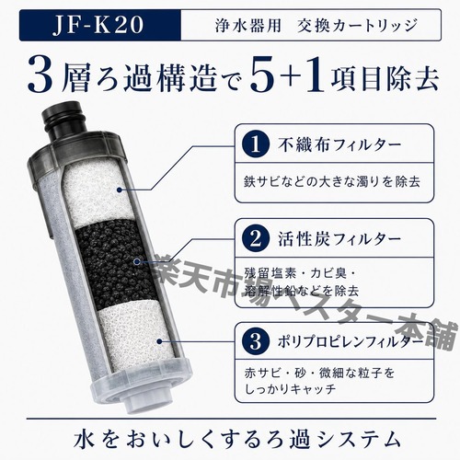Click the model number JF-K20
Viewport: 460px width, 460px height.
tap(98, 25)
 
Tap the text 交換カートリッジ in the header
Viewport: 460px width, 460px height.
tap(358, 25)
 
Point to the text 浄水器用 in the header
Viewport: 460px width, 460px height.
tap(247, 25)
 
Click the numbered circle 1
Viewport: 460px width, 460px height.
tap(255, 144)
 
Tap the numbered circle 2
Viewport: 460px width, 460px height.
tap(255, 239)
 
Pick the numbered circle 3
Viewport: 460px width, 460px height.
tap(255, 341)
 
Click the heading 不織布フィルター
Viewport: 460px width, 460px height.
tap(339, 144)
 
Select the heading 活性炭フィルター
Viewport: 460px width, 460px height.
tap(339, 239)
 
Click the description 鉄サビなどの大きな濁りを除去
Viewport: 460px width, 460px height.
tap(332, 181)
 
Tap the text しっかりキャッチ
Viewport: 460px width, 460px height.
tap(290, 389)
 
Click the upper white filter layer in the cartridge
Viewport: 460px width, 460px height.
tap(93, 193)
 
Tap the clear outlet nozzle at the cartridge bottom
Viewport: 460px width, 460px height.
tap(144, 406)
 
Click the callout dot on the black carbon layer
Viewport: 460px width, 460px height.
tap(137, 261)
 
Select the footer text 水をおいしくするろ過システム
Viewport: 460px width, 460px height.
tap(237, 439)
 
